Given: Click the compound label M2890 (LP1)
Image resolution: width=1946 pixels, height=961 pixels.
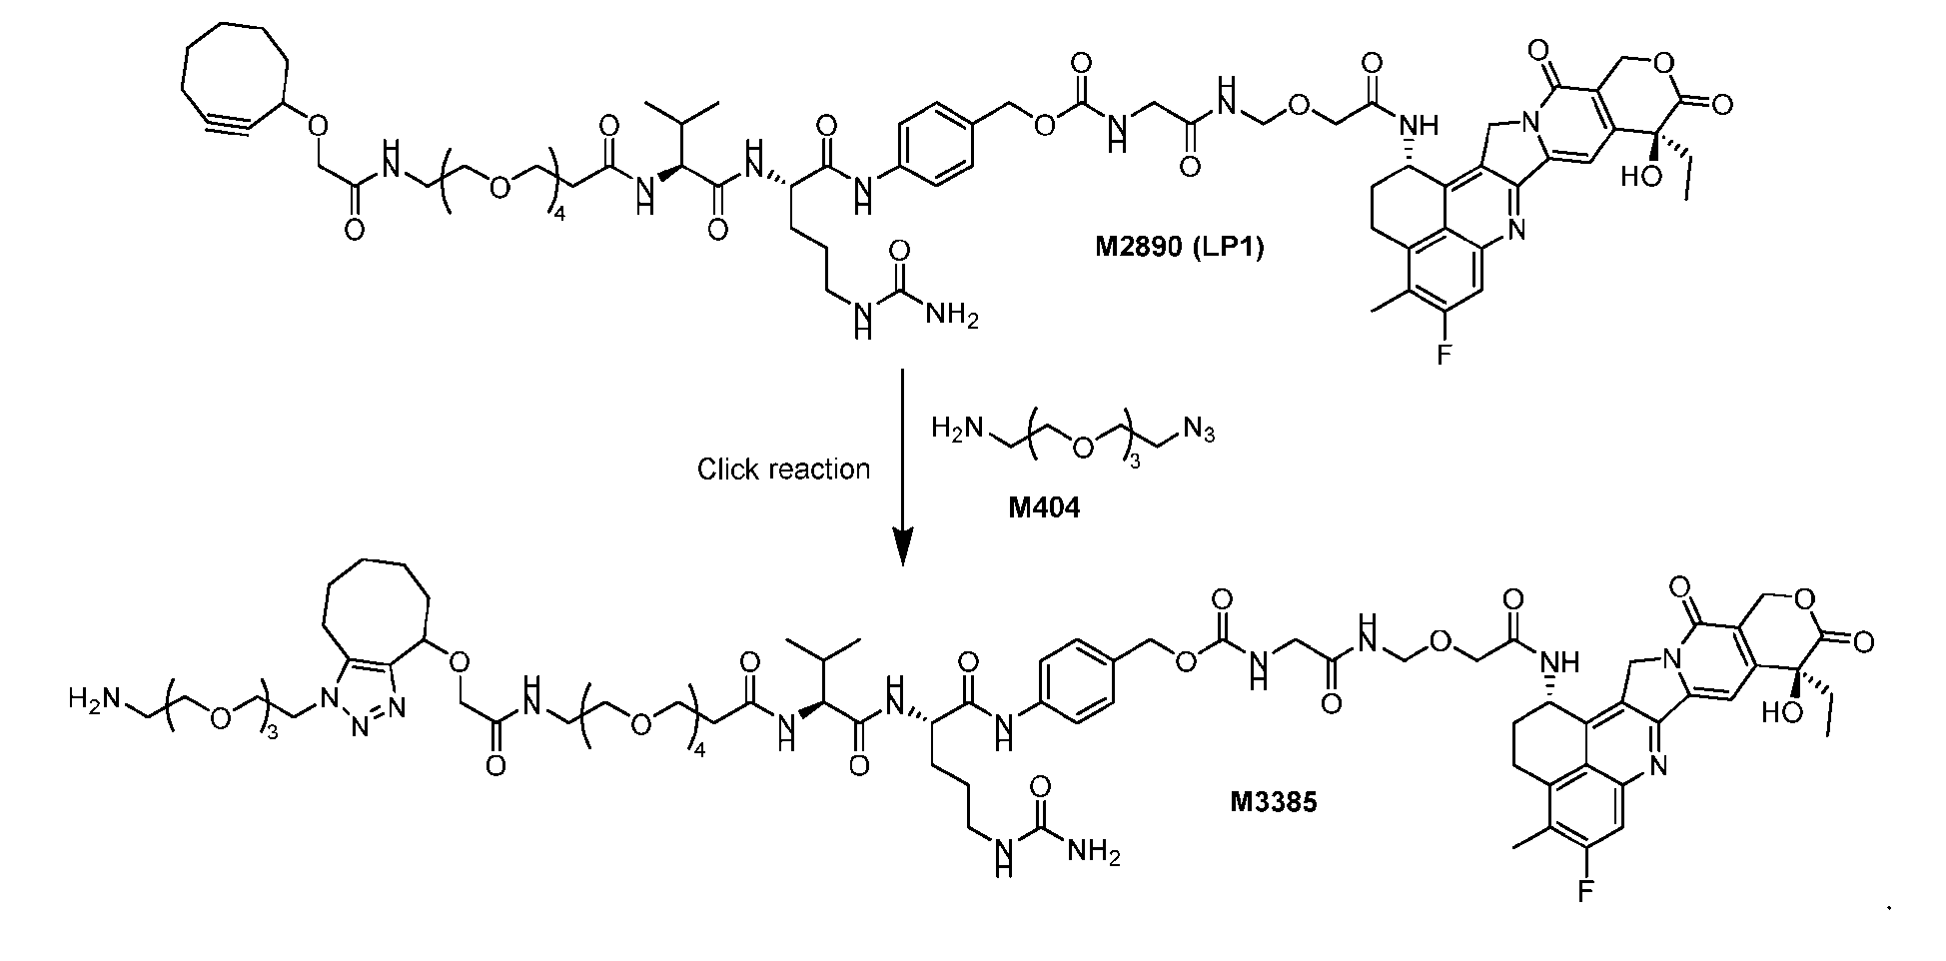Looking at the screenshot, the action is coord(1180,248).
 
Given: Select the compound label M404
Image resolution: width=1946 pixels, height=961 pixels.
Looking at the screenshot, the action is coord(1044,508).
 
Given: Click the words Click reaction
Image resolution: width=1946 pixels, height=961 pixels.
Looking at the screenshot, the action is coord(783,469).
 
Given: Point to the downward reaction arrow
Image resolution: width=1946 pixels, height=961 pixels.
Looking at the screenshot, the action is coord(903,468).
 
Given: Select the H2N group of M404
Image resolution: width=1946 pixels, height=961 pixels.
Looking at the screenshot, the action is coord(952,430).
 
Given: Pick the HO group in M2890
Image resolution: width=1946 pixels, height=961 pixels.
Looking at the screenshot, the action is coord(1639,177).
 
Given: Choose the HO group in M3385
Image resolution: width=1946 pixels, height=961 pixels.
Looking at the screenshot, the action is coord(1781,715).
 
